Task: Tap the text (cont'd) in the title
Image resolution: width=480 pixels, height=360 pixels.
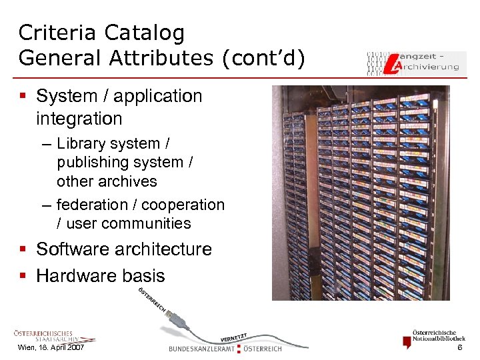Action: (265, 58)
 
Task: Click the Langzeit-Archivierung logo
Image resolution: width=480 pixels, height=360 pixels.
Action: (413, 61)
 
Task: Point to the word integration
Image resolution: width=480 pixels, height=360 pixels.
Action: (79, 119)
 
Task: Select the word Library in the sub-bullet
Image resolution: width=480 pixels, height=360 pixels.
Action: (82, 143)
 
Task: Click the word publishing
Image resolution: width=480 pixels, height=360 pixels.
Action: (91, 162)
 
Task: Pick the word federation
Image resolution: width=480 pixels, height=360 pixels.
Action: (92, 205)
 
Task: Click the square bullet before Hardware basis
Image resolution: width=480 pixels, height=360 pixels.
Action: (24, 276)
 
